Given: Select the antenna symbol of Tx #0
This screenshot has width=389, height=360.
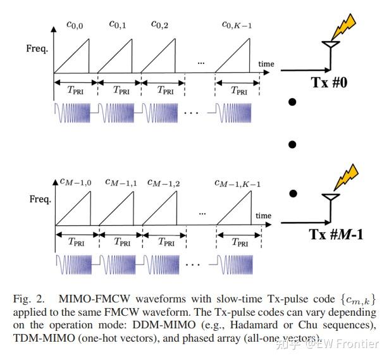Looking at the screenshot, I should click(328, 47).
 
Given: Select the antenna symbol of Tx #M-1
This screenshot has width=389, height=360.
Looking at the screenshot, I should click(328, 199).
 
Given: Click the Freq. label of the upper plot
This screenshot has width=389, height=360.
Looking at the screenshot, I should click(37, 48).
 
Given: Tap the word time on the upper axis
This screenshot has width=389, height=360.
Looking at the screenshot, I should click(266, 65).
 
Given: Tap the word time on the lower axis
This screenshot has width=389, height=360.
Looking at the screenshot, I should click(264, 216).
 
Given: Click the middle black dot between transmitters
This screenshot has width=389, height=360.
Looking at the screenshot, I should click(292, 144).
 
